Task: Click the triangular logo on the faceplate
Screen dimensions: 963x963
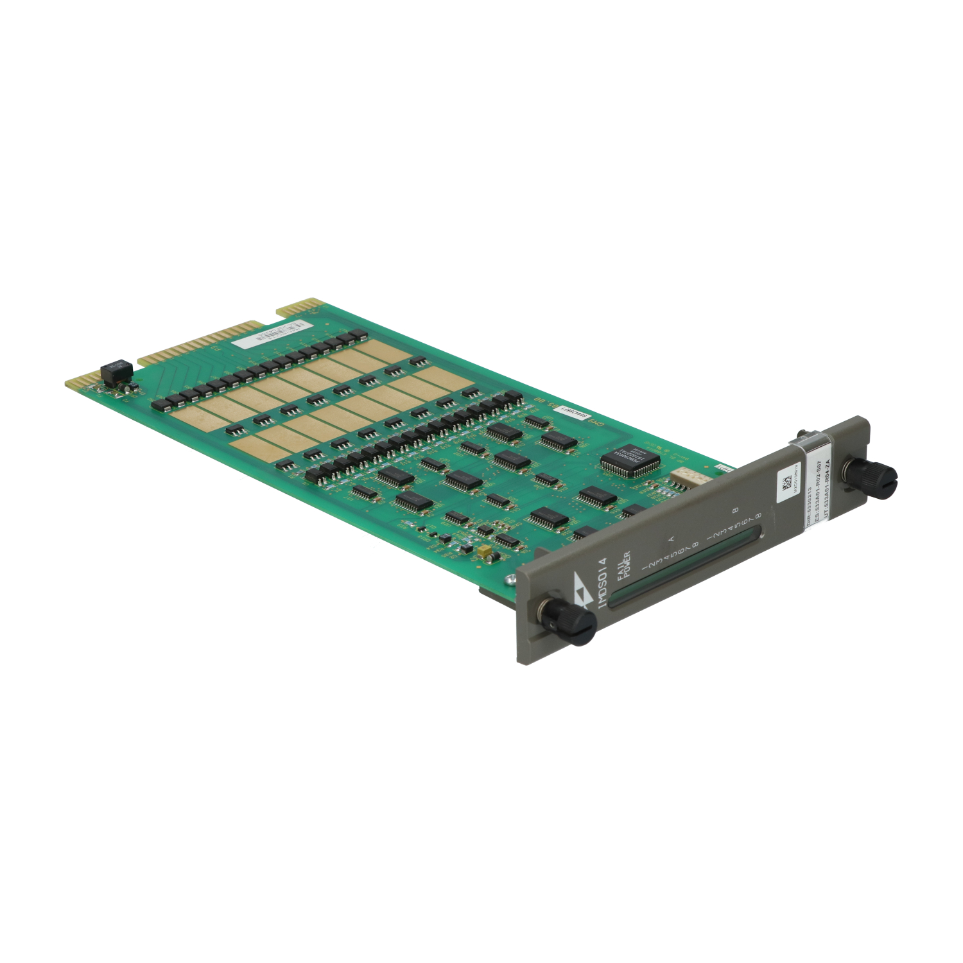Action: (x=582, y=596)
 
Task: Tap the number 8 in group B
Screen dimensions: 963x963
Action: (x=758, y=516)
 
